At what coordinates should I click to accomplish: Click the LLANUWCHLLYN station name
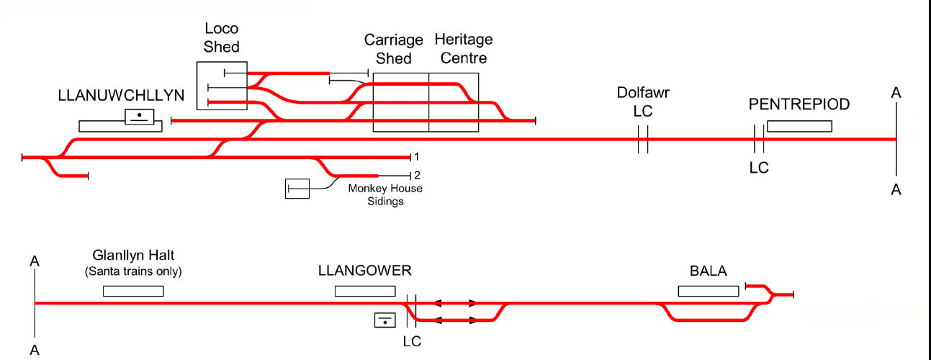(x=122, y=96)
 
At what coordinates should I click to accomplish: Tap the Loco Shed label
(x=222, y=37)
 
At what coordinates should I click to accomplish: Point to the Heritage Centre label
(x=463, y=48)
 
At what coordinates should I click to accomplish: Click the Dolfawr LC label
(x=642, y=102)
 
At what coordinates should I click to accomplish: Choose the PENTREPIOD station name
(x=799, y=104)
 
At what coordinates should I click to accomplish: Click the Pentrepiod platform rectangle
(x=799, y=126)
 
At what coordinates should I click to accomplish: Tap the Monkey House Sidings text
(x=385, y=195)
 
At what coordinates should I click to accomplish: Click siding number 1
(x=416, y=156)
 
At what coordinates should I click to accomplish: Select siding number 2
(x=416, y=176)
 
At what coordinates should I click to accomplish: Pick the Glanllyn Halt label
(x=133, y=256)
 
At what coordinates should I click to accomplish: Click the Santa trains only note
(x=133, y=271)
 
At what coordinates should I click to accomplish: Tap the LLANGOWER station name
(x=364, y=271)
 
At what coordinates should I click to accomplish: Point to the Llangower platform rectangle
(x=365, y=291)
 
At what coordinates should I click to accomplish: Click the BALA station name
(x=708, y=271)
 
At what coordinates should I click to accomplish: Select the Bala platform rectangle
(x=708, y=291)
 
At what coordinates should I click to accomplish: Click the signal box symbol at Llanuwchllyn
(x=139, y=117)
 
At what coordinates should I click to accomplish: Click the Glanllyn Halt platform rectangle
(x=133, y=291)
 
